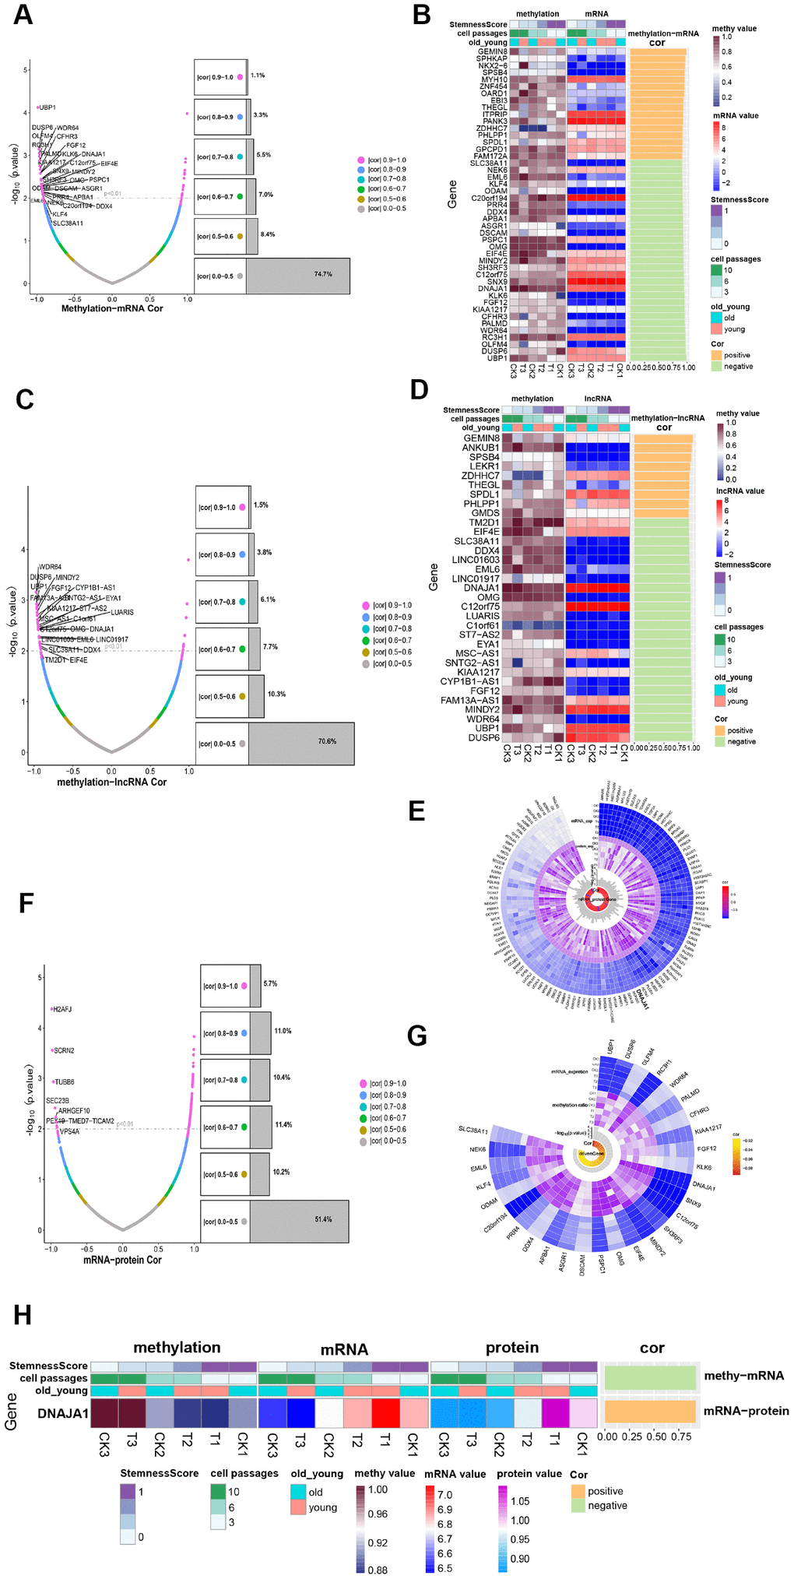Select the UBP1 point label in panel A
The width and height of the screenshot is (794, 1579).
coord(47,107)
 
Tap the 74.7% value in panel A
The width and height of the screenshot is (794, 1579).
coord(322,275)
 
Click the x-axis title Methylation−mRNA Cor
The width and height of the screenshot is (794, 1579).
coord(112,309)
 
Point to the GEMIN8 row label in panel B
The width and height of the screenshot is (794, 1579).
coord(492,52)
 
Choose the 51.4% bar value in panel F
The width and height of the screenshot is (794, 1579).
coord(323,1219)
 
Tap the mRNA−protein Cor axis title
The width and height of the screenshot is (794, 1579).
coord(122,1260)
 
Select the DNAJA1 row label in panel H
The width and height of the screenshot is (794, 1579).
coord(63,1413)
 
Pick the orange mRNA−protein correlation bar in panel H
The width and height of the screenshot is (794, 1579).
coord(649,1411)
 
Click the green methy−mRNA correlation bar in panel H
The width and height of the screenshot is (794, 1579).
coord(649,1377)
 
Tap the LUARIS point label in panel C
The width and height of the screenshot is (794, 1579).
coord(122,612)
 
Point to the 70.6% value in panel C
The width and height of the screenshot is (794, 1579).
coord(327,741)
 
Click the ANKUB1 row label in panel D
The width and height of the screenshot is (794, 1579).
coord(481,448)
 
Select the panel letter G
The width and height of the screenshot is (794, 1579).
coord(417,1036)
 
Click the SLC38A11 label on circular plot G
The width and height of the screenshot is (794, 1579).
coord(473,1131)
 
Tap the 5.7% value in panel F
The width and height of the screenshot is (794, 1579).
coord(270,983)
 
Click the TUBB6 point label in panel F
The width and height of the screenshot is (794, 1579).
coord(64,1082)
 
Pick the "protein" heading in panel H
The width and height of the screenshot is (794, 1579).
coord(511,1348)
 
